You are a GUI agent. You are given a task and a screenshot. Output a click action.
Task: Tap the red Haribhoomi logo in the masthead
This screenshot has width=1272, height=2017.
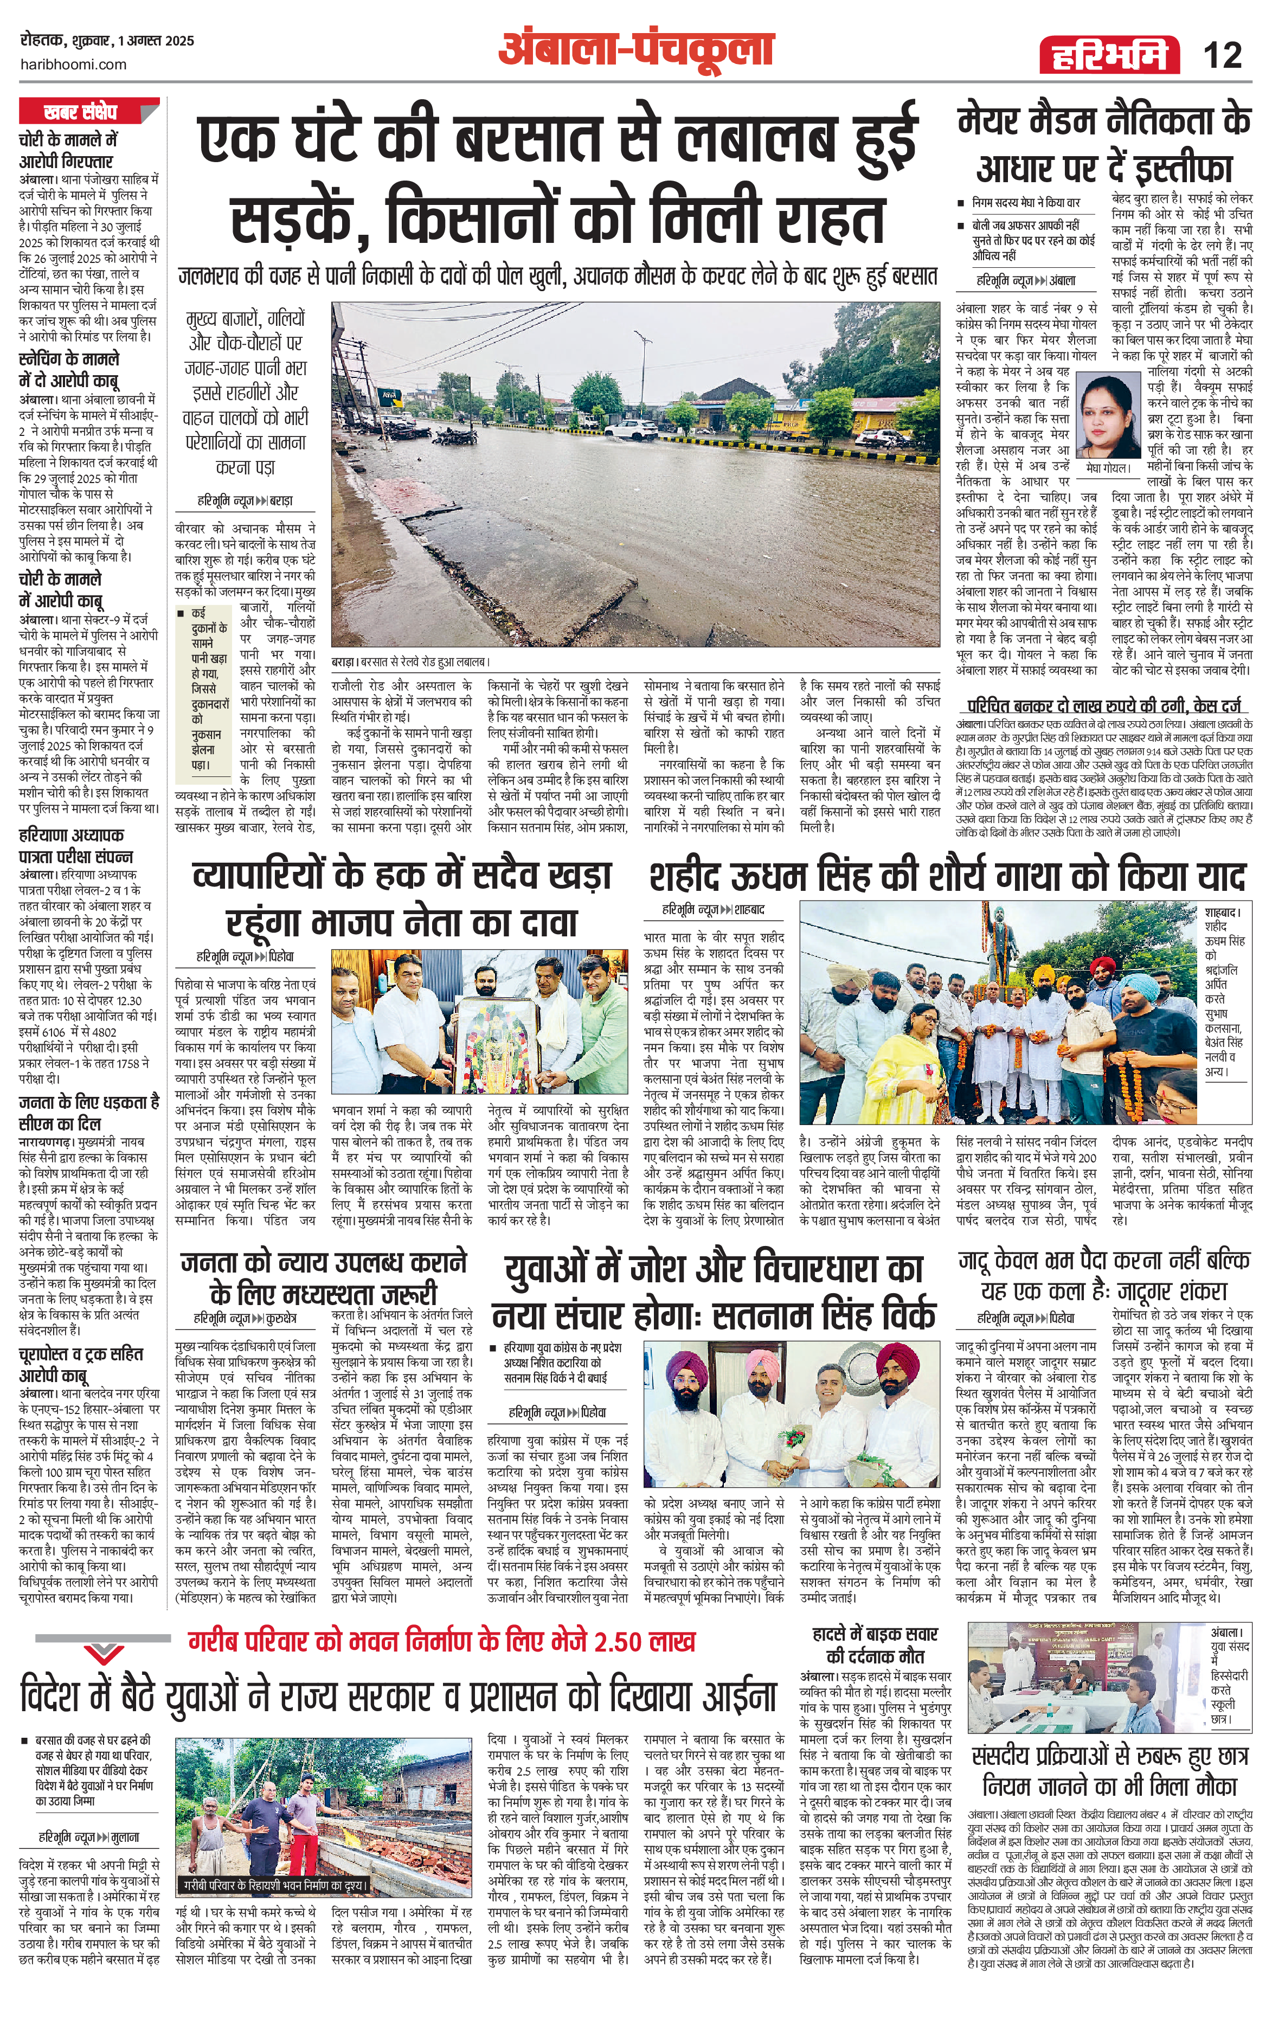click(x=1104, y=55)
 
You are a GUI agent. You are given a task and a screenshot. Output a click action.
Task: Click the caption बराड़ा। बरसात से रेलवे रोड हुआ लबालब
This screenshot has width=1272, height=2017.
click(x=410, y=661)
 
